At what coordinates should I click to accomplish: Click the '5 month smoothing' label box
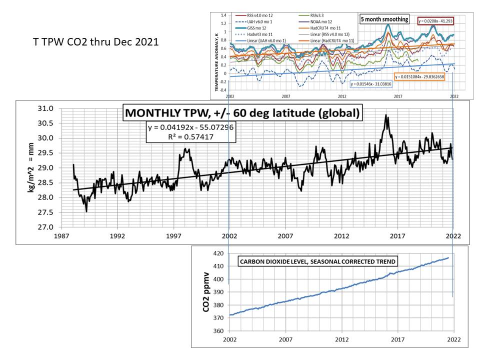point(384,19)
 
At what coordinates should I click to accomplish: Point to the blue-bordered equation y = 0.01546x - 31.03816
point(371,84)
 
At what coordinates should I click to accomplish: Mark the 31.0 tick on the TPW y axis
point(47,108)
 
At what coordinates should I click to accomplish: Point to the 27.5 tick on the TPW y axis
point(47,212)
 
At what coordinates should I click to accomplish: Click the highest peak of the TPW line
point(385,115)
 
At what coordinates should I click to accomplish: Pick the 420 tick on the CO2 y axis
point(217,254)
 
